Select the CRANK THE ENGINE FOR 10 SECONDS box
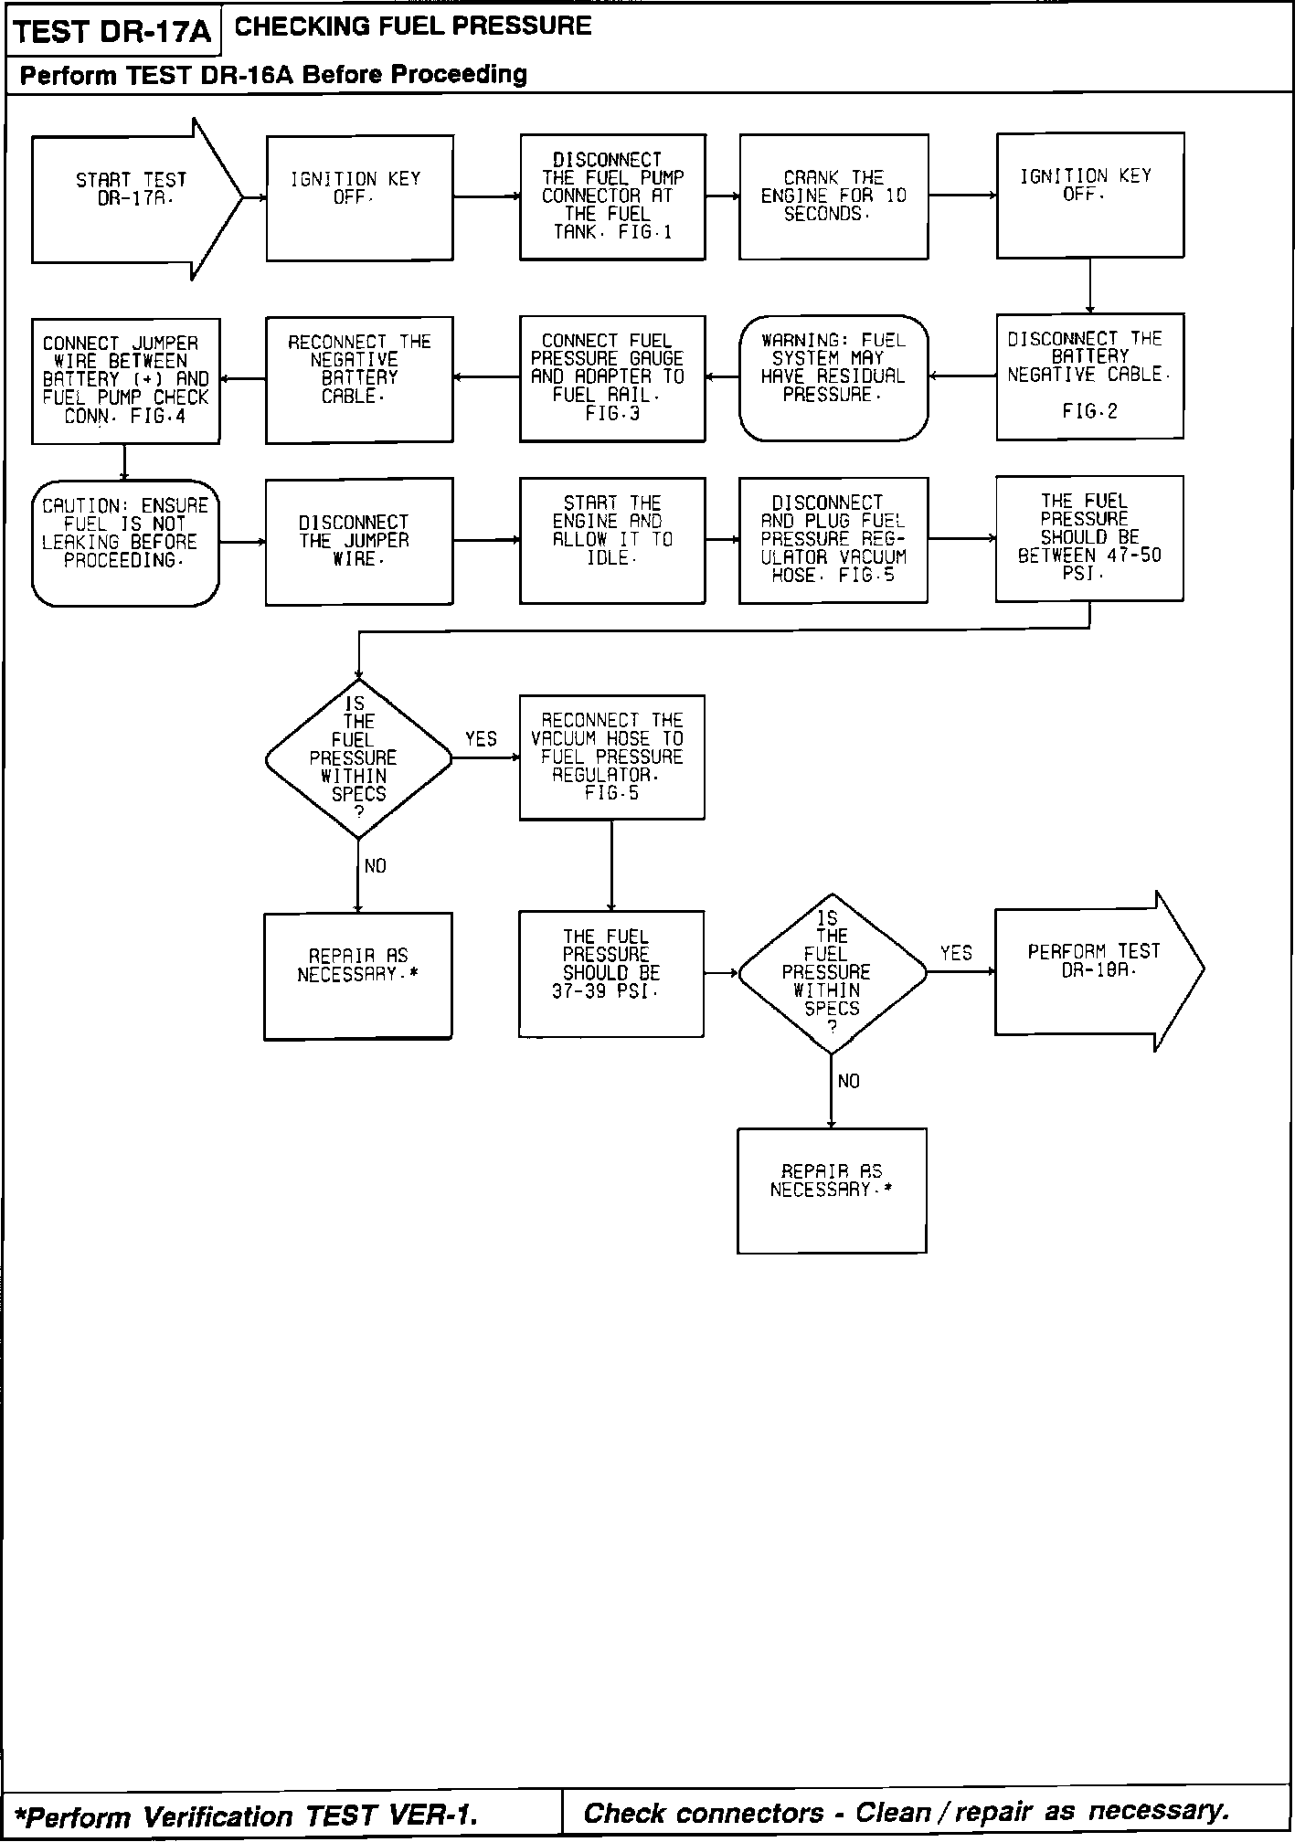click(833, 196)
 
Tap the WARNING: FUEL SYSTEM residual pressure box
click(833, 377)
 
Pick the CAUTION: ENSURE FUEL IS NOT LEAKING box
click(126, 543)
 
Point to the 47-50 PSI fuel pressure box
click(1089, 538)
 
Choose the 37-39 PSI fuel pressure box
click(610, 973)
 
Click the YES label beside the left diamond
click(481, 739)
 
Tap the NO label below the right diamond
click(848, 1082)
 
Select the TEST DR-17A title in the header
click(112, 33)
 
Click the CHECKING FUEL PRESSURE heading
click(413, 26)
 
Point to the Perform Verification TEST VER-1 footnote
click(247, 1815)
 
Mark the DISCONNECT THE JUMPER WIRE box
click(359, 541)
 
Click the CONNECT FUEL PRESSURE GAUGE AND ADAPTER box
click(612, 378)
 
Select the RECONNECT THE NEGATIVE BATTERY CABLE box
click(359, 378)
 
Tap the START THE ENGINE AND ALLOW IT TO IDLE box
click(612, 540)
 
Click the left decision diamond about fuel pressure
click(358, 758)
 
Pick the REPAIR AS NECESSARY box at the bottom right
click(832, 1190)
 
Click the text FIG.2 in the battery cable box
click(1089, 412)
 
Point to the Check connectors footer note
click(906, 1813)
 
